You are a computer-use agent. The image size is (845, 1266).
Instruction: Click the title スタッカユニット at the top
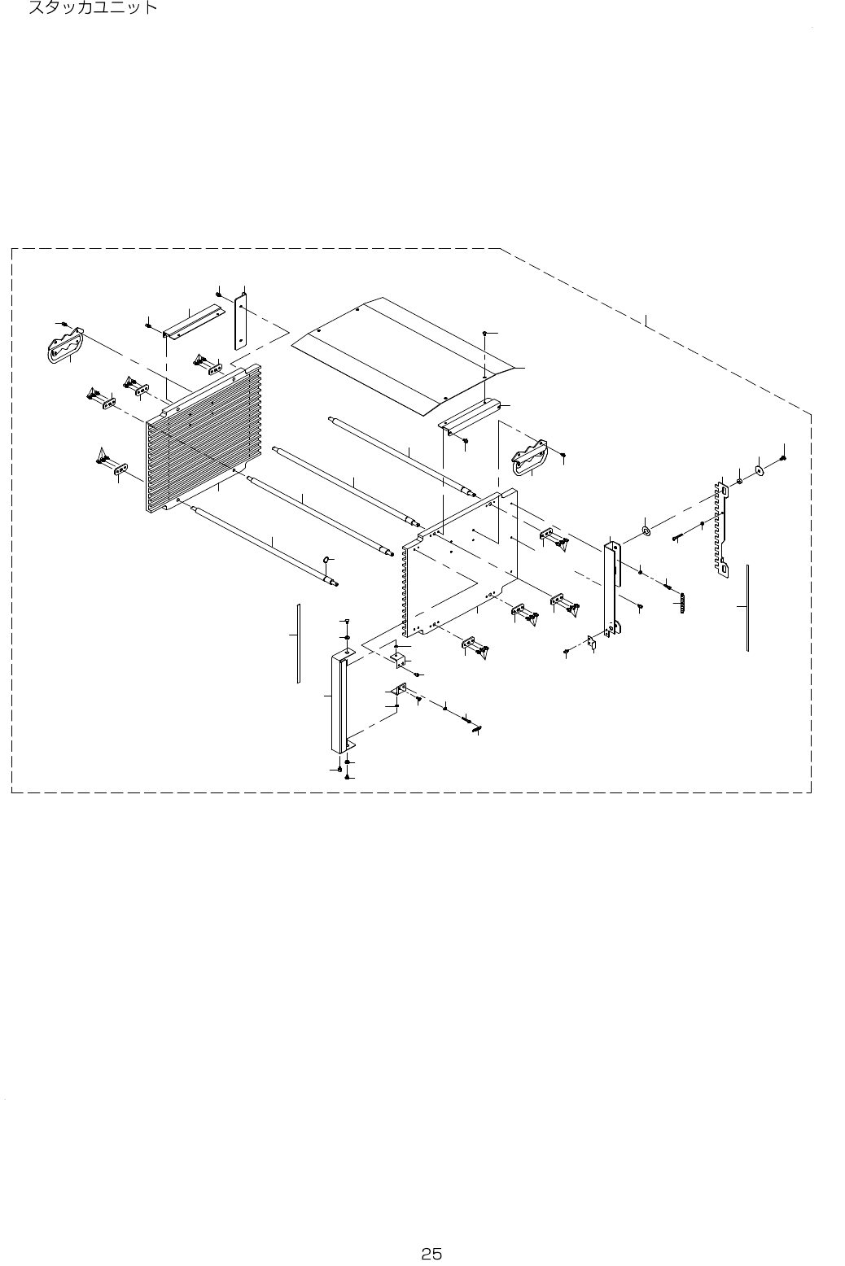(92, 9)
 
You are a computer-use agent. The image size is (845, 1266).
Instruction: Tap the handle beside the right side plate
(528, 458)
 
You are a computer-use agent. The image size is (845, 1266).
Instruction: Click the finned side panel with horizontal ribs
(204, 439)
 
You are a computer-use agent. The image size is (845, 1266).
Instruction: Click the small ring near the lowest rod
(326, 560)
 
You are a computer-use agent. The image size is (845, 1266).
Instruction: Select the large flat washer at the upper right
(760, 469)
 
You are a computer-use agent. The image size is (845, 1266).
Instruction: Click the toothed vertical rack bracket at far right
(720, 529)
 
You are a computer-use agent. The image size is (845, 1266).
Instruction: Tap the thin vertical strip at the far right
(746, 606)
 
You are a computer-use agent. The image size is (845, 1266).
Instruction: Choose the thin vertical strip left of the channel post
(299, 643)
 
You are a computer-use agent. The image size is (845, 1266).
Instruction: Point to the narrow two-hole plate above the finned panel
(240, 321)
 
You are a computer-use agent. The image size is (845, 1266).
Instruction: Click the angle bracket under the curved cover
(468, 415)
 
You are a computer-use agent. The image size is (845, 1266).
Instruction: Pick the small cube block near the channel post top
(398, 658)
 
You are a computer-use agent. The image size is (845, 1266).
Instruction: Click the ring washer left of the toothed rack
(646, 532)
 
